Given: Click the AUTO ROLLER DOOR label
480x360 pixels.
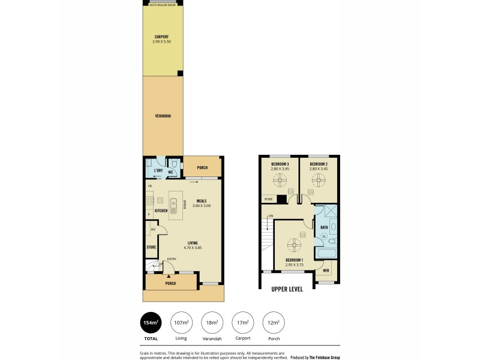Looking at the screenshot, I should click(x=162, y=4).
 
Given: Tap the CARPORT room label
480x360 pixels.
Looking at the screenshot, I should click(x=162, y=36).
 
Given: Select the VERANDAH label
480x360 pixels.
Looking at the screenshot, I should click(x=163, y=115).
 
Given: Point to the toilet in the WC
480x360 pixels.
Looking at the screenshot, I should click(x=173, y=163).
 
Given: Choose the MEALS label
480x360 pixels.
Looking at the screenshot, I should click(x=202, y=201).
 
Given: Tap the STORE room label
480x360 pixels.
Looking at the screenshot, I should click(x=152, y=247).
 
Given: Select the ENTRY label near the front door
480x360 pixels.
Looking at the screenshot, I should click(x=171, y=259).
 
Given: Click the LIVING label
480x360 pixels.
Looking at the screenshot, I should click(x=192, y=243).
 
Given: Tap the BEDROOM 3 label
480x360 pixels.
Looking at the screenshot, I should click(x=280, y=164).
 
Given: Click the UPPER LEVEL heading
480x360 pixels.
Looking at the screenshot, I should click(x=287, y=289).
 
